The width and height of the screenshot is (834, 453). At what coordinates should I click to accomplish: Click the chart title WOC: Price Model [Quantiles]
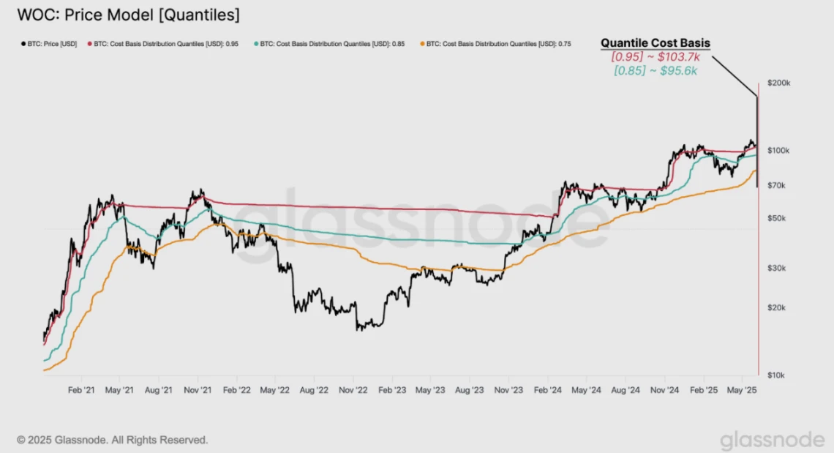tap(127, 14)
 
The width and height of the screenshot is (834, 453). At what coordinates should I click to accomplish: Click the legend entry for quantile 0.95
tap(165, 44)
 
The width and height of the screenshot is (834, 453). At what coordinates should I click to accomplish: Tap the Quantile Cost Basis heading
tap(655, 43)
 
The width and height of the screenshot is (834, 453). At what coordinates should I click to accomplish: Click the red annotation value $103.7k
tap(655, 56)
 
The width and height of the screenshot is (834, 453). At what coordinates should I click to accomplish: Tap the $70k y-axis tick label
tap(776, 186)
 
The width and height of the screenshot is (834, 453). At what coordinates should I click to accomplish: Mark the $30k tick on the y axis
tap(776, 269)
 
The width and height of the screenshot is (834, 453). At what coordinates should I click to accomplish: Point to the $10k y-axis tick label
tap(776, 375)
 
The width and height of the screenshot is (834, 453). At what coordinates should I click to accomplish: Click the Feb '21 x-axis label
tap(80, 391)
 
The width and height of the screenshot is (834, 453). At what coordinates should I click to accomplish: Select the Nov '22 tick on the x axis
tap(353, 391)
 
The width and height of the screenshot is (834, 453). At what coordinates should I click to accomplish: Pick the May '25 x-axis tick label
tap(742, 391)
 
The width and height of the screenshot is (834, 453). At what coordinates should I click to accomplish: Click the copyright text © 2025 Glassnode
tap(113, 440)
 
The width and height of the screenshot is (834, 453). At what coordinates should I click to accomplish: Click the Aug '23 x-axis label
tap(469, 391)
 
